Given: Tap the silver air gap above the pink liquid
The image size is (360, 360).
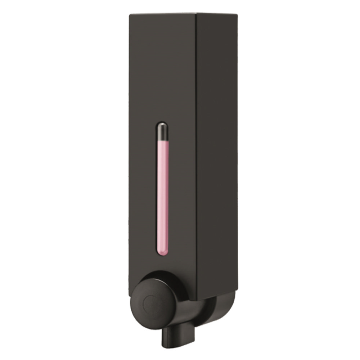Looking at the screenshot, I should coord(163,131).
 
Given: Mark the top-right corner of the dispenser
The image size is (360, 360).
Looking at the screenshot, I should coord(237,14).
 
